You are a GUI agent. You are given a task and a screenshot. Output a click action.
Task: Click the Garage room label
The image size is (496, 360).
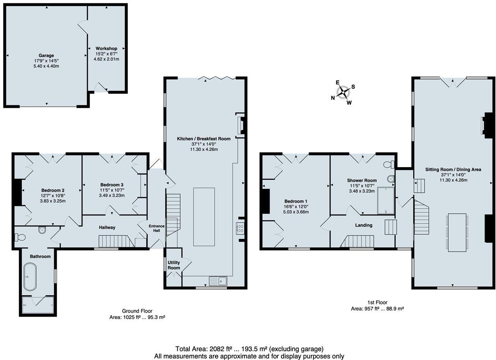[46, 56]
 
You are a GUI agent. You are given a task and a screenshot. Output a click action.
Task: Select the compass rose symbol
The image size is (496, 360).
[343, 92]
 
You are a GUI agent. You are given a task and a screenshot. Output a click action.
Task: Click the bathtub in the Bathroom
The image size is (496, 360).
[30, 277]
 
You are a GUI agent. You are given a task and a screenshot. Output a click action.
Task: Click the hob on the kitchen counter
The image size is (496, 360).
[240, 229]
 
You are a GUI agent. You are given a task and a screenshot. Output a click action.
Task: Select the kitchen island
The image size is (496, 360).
[204, 211]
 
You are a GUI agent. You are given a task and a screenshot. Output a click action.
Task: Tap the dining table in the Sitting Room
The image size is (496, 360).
[457, 232]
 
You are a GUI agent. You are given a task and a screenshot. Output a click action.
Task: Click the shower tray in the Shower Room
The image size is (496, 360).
[386, 200]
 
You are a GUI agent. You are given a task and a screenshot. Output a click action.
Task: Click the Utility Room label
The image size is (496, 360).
[174, 265]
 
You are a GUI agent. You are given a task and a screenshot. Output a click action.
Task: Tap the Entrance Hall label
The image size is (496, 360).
[157, 228]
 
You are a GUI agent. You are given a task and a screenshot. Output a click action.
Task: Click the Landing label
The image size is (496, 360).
[363, 225]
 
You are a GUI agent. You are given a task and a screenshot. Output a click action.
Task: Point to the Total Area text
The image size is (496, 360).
[249, 349]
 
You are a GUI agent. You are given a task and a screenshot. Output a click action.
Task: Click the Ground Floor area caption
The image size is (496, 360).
[137, 314]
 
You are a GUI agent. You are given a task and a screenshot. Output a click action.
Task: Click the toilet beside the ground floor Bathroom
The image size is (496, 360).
[20, 237]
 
